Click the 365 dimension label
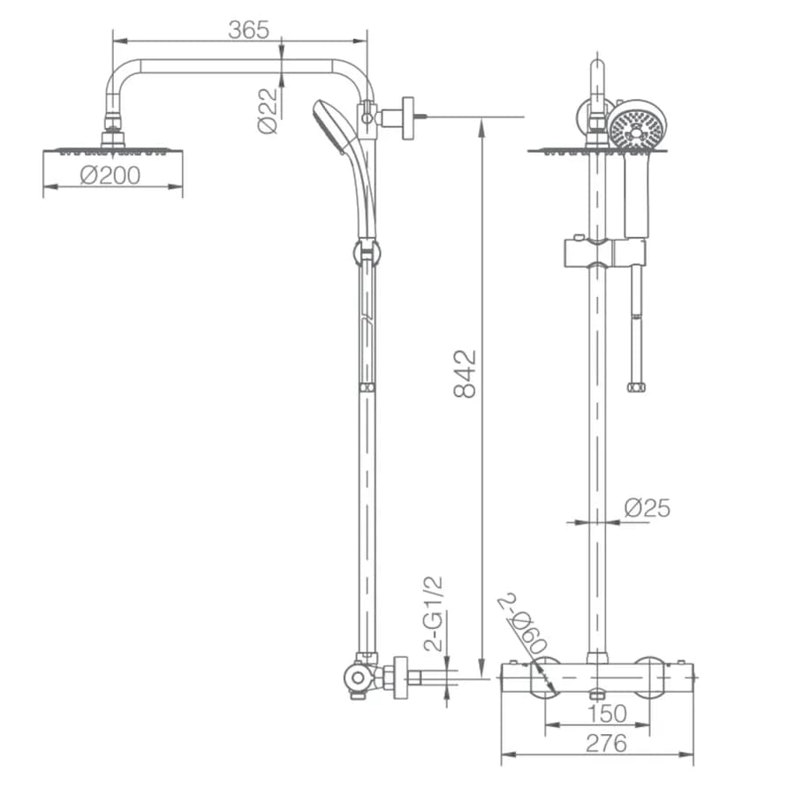point(248,30)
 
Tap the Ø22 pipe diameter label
point(269,110)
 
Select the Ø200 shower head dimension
point(110,176)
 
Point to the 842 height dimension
point(465,373)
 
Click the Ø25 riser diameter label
point(647,508)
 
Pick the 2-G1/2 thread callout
point(434,614)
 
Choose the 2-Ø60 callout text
point(522,623)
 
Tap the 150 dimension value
point(607,714)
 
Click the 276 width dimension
point(606,743)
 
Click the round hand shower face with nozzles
point(637,125)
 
